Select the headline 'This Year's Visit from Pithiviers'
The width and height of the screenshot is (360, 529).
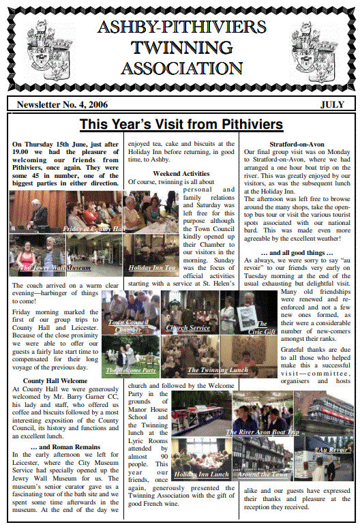tap(180, 124)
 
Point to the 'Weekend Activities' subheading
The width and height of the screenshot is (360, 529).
tap(181, 174)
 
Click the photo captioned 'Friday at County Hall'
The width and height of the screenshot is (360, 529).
tap(66, 211)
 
